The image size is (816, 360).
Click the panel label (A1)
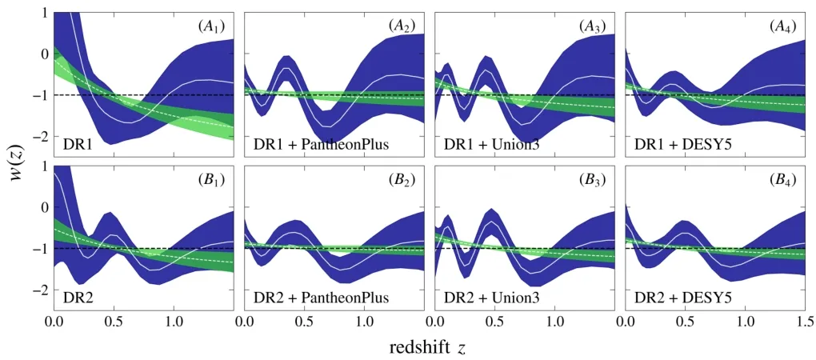pos(211,26)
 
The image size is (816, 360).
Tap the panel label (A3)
pos(592,26)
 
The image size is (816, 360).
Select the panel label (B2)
pos(402,180)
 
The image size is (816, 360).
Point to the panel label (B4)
pos(782,180)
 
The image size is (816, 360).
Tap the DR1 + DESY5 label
pos(677,145)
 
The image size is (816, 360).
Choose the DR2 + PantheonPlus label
pos(308,298)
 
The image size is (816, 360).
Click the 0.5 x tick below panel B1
pos(114,322)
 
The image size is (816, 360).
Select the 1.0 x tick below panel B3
pos(554,322)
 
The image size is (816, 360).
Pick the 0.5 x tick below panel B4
pos(684,322)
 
